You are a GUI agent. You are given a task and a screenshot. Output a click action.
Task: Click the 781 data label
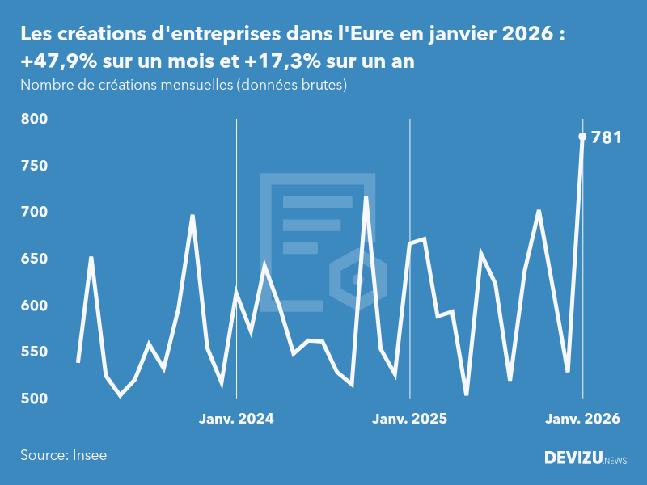point(607,137)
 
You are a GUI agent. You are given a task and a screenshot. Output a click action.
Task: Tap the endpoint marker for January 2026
point(582,137)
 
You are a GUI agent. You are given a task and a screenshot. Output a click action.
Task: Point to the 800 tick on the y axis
point(35,120)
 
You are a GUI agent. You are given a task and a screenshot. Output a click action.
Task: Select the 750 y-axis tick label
point(35,166)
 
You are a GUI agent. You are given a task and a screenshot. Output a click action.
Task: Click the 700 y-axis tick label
point(35,213)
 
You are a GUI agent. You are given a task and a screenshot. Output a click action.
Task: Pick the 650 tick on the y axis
point(35,259)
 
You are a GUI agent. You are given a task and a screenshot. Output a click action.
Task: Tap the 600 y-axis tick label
point(35,306)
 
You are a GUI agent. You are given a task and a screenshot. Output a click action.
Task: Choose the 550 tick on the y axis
point(35,352)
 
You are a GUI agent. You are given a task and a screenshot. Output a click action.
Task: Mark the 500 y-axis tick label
point(35,399)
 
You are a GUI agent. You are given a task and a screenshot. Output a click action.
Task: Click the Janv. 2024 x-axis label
point(236,419)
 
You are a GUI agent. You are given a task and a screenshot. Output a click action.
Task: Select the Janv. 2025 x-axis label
point(409,419)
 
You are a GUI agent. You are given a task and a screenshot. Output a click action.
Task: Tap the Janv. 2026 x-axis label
point(582,419)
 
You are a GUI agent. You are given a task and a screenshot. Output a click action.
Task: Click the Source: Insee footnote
point(63,455)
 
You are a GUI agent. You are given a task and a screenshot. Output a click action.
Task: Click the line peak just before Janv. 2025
point(366,197)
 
